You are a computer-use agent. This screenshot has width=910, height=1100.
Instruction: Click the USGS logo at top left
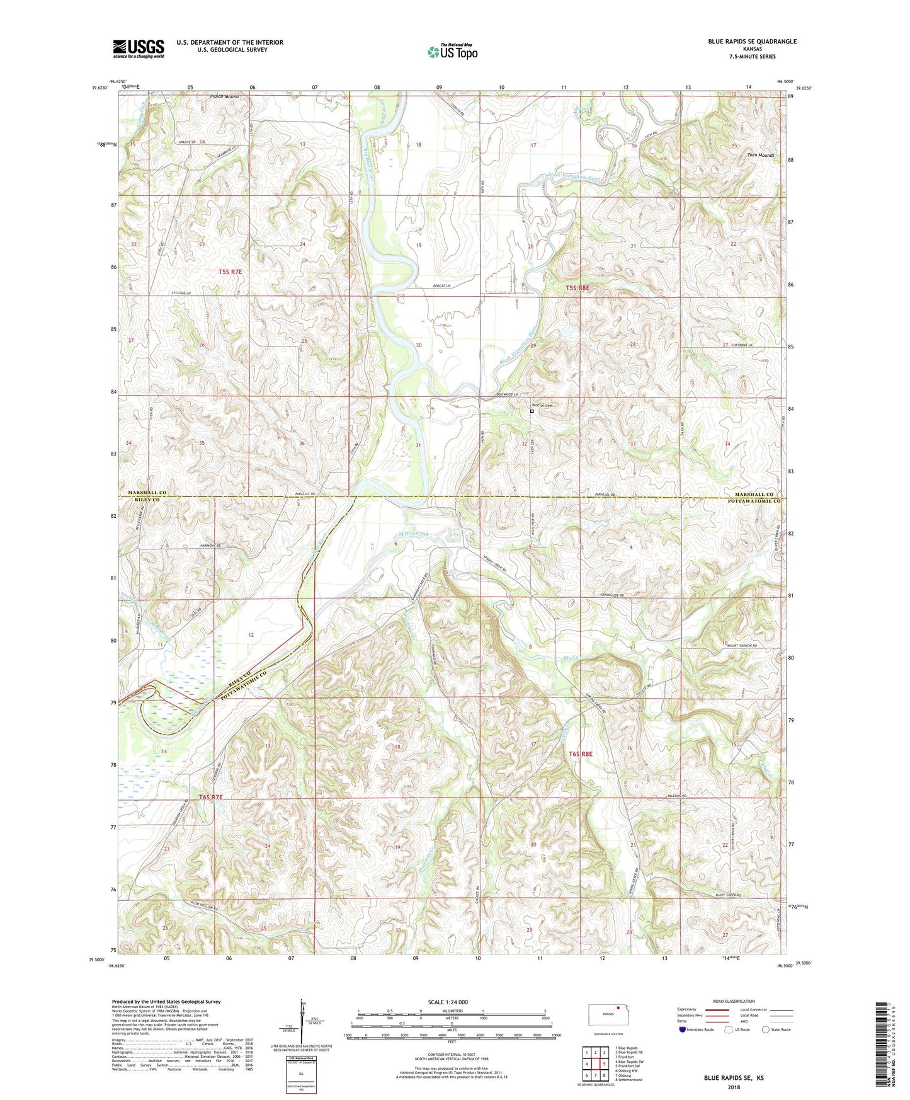tap(138, 48)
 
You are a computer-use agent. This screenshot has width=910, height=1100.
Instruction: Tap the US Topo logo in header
tap(452, 52)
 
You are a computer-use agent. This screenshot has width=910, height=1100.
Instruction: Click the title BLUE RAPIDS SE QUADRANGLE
tap(752, 42)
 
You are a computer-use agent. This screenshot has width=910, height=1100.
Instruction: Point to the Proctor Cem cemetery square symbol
tap(532, 411)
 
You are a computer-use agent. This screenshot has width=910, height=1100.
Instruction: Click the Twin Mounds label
tap(761, 154)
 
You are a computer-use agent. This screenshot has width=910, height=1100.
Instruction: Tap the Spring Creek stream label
tap(413, 534)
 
